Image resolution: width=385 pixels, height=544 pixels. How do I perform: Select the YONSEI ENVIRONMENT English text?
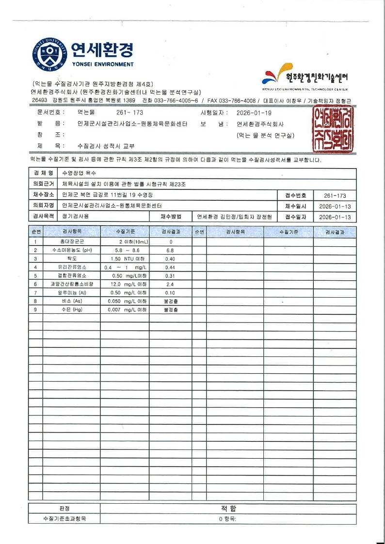tap(102, 64)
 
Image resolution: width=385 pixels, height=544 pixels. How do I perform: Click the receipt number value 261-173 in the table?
tap(337, 195)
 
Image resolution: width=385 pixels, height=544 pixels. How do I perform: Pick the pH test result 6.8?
tap(170, 250)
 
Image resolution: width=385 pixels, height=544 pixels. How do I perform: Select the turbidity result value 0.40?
tap(170, 259)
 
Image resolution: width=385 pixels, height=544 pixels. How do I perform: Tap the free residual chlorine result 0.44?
tap(170, 267)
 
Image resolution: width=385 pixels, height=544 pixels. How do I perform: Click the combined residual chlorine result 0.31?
tap(170, 275)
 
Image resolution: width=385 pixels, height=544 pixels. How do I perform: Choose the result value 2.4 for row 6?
tap(170, 284)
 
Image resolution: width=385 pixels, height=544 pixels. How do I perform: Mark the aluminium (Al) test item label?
tap(72, 292)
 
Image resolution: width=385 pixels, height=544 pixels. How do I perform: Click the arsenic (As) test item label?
tap(72, 301)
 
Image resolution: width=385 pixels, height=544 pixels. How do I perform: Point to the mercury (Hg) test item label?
tap(72, 309)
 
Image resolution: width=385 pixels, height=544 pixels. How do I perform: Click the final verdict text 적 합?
tap(228, 509)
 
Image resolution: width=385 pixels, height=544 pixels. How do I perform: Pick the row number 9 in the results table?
tap(35, 309)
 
